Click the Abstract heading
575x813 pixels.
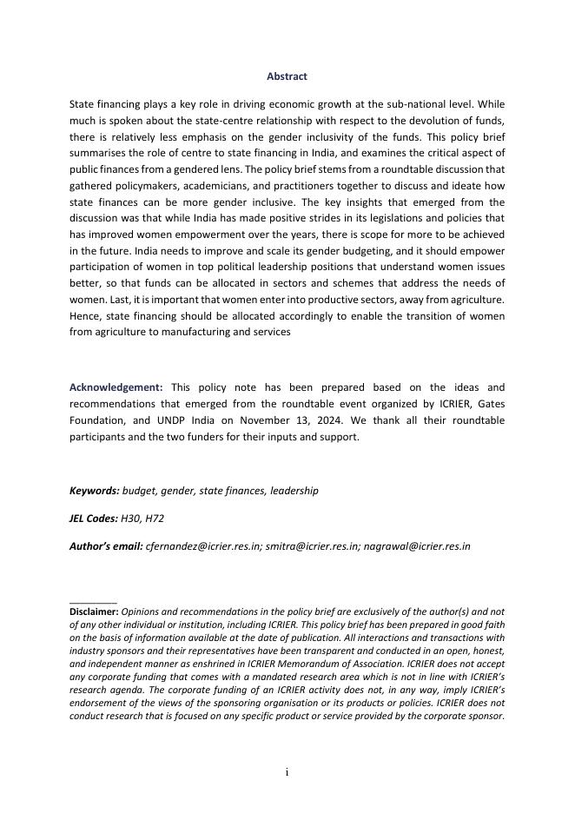[287, 76]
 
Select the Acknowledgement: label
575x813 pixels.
[116, 387]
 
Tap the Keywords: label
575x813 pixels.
[95, 491]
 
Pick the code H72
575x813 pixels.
[155, 519]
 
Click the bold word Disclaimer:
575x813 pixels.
[94, 611]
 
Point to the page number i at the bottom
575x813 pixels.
[287, 772]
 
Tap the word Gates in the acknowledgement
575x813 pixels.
[489, 404]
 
